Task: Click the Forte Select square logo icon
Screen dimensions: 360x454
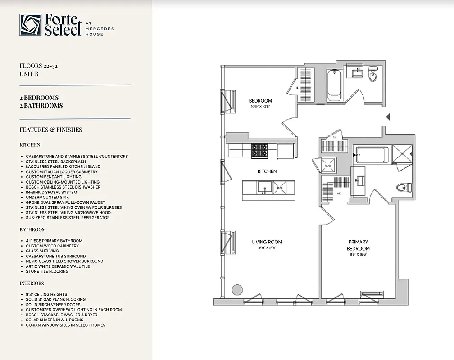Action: coord(30,25)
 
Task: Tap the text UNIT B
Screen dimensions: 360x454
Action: coord(29,74)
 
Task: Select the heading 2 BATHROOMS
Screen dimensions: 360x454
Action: coord(41,106)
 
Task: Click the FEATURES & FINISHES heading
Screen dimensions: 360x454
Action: coord(50,130)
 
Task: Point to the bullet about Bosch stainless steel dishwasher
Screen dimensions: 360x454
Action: coord(63,187)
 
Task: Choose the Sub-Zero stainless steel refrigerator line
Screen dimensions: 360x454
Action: coord(68,218)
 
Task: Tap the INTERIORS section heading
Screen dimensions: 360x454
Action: coord(32,283)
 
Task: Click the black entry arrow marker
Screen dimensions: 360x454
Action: coord(388,117)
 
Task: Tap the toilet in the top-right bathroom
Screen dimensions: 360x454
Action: coord(372,75)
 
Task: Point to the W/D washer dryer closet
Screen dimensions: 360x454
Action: coord(328,166)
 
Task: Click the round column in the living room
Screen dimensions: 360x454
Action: coord(236,289)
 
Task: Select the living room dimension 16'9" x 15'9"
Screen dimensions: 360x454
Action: coord(267,248)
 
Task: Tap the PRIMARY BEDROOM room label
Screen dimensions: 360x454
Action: coord(358,245)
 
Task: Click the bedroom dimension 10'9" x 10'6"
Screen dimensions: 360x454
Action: coord(260,107)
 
